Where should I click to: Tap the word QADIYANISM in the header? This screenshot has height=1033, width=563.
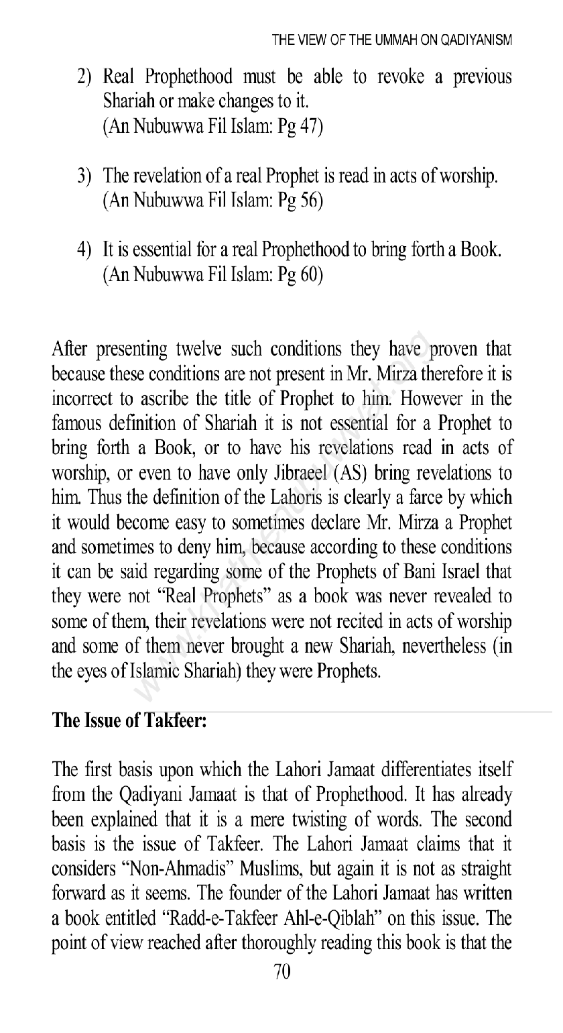pyautogui.click(x=477, y=40)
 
